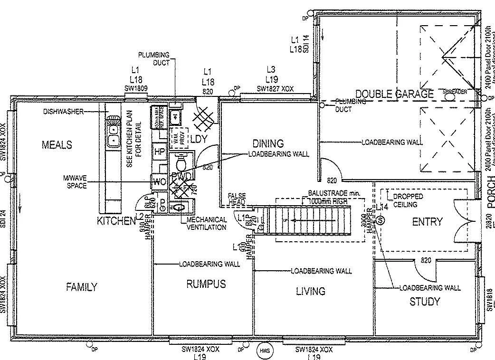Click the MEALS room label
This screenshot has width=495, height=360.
pyautogui.click(x=57, y=144)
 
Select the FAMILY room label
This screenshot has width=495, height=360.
pyautogui.click(x=81, y=287)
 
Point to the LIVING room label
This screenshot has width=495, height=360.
pyautogui.click(x=310, y=291)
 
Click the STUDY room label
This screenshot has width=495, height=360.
pyautogui.click(x=424, y=302)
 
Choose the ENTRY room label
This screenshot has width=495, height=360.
pyautogui.click(x=427, y=221)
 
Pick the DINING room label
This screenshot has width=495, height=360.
pyautogui.click(x=267, y=143)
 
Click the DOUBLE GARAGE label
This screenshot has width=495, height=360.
pyautogui.click(x=394, y=94)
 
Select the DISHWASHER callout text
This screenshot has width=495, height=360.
pyautogui.click(x=63, y=112)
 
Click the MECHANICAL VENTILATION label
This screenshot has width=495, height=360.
pyautogui.click(x=207, y=224)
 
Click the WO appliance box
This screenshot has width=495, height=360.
pyautogui.click(x=158, y=182)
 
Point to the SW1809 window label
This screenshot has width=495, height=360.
pyautogui.click(x=135, y=88)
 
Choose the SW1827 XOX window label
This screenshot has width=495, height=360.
pyautogui.click(x=276, y=89)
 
